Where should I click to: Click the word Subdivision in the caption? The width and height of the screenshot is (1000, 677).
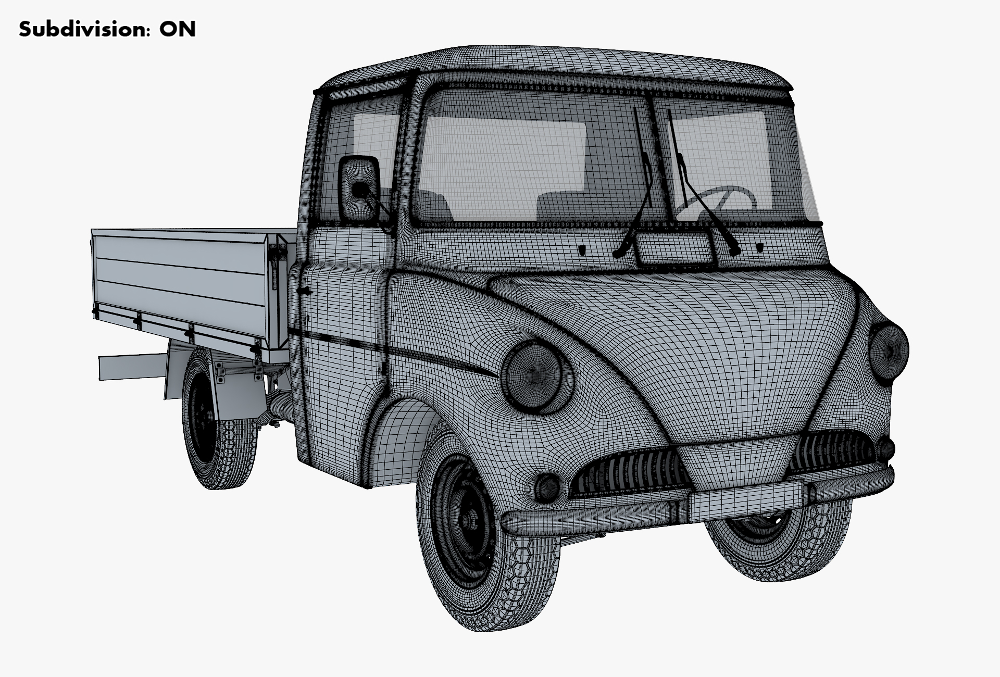click(x=82, y=29)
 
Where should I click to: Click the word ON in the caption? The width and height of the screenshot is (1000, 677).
click(x=178, y=30)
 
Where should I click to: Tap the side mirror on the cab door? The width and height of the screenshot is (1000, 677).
click(x=359, y=188)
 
